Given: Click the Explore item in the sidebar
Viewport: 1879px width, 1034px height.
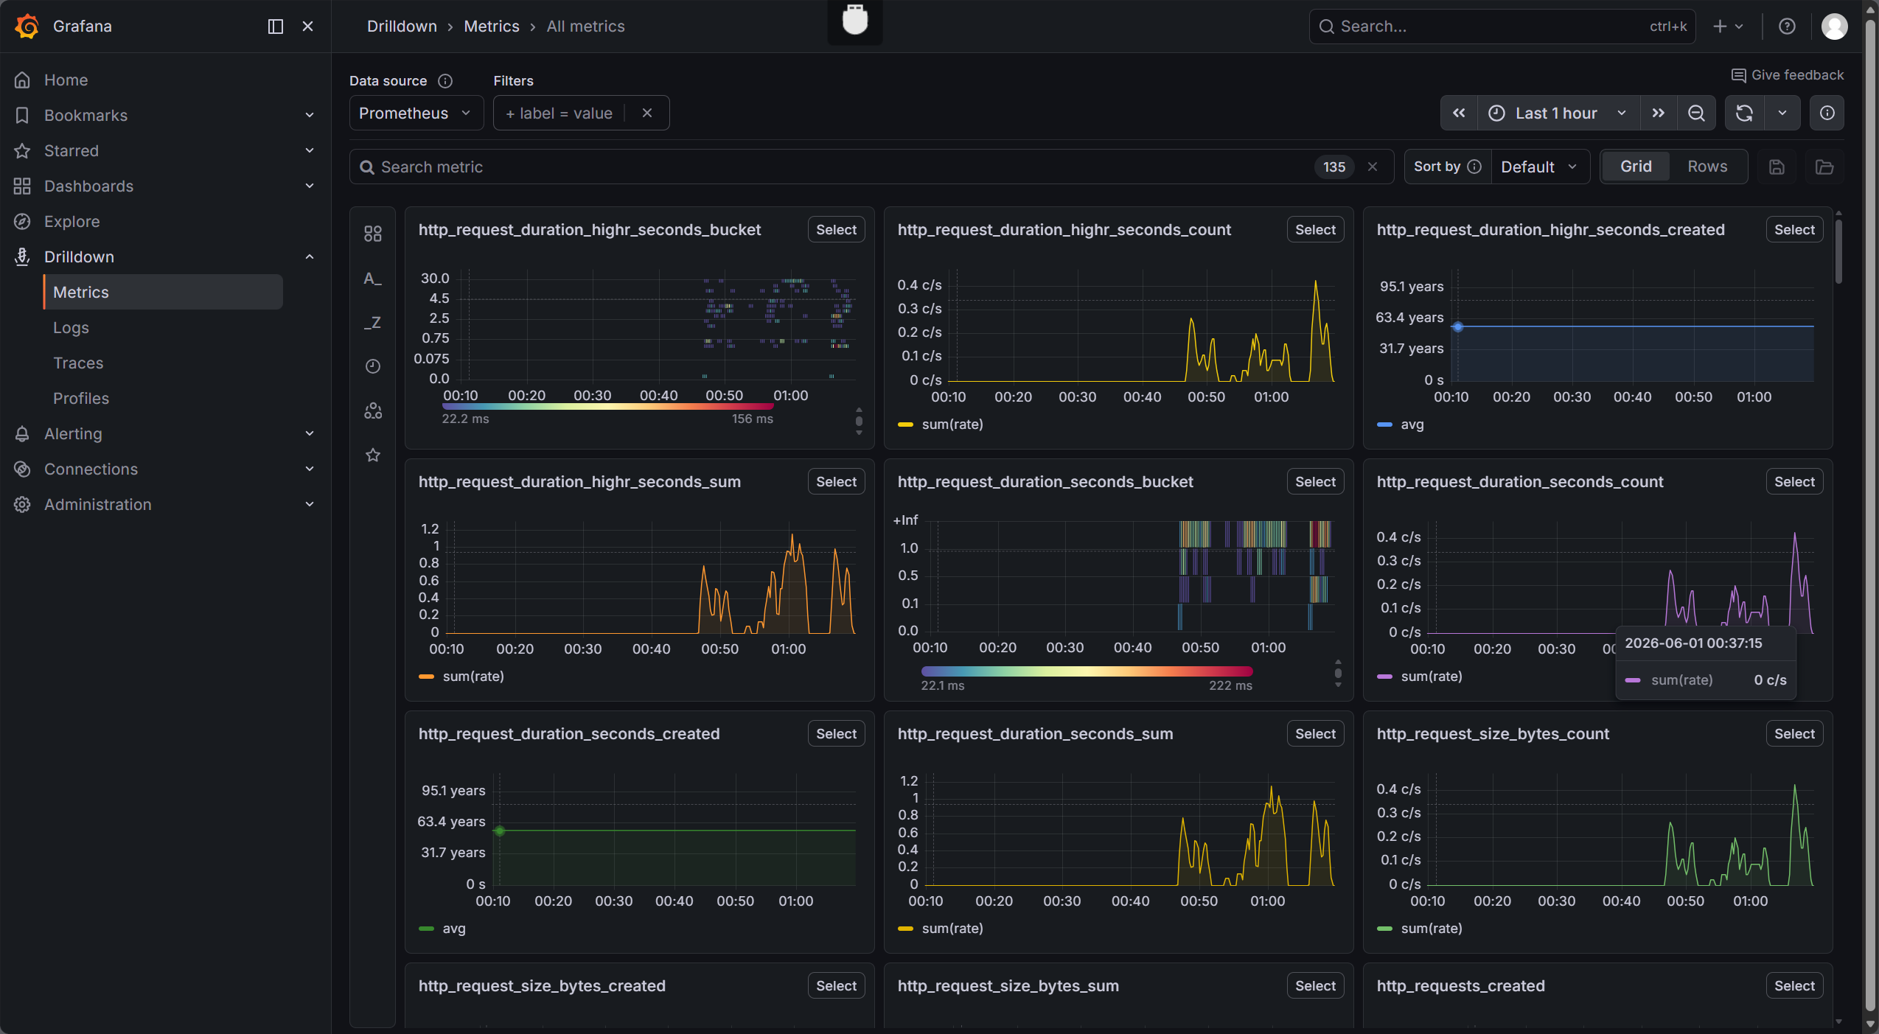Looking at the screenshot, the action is pyautogui.click(x=72, y=221).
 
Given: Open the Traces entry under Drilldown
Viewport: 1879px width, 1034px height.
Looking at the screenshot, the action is pyautogui.click(x=78, y=363).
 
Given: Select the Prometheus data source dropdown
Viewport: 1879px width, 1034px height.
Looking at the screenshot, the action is pyautogui.click(x=416, y=113).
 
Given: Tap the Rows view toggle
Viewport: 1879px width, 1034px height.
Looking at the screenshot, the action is pyautogui.click(x=1707, y=167).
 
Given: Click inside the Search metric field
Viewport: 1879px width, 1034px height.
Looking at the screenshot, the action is pyautogui.click(x=840, y=167).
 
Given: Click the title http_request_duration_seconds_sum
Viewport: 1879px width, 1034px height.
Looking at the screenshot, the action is pyautogui.click(x=1035, y=734).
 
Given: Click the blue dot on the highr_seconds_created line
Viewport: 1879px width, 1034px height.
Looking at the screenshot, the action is pyautogui.click(x=1457, y=326).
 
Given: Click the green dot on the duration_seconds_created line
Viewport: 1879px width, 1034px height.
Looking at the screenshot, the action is pyautogui.click(x=500, y=831).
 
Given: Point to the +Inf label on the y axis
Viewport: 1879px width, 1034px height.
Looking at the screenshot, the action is pyautogui.click(x=905, y=520).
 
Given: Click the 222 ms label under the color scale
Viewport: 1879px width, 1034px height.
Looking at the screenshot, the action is pyautogui.click(x=1230, y=685).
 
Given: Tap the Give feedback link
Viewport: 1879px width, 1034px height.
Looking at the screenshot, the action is pyautogui.click(x=1788, y=75).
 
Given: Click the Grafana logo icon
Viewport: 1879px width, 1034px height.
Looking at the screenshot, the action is pyautogui.click(x=27, y=26).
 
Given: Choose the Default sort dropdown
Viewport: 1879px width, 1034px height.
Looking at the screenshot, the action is pyautogui.click(x=1538, y=167).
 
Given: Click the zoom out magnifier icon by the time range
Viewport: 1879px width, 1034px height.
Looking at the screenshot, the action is pyautogui.click(x=1696, y=113).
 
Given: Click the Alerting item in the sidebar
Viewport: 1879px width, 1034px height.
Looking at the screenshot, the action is pyautogui.click(x=73, y=433).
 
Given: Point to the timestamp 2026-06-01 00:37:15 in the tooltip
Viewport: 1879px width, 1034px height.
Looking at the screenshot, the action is pyautogui.click(x=1693, y=643).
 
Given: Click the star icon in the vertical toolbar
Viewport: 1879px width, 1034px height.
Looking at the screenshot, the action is pyautogui.click(x=373, y=455).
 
